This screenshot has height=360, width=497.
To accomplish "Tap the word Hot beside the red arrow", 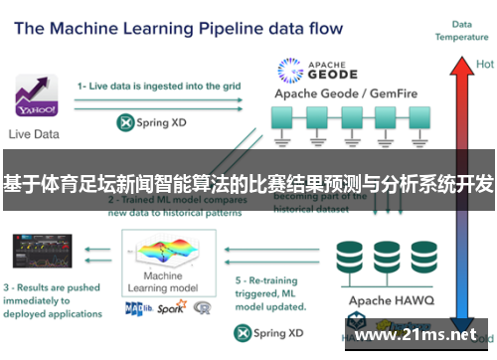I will click(484, 64).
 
